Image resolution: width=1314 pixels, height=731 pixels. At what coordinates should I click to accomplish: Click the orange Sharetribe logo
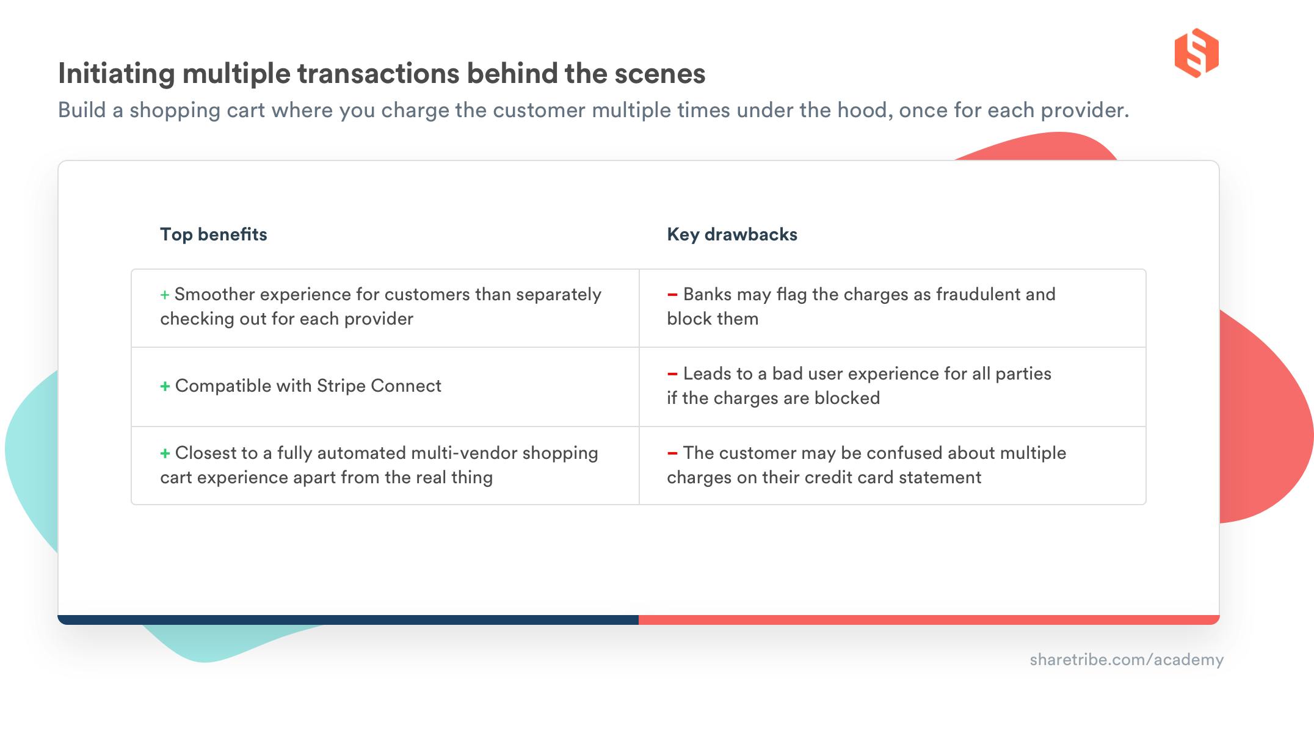click(x=1196, y=53)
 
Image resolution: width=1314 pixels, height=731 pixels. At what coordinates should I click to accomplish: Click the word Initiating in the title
click(x=116, y=74)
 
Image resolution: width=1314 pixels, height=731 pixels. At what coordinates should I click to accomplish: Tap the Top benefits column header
click(x=213, y=234)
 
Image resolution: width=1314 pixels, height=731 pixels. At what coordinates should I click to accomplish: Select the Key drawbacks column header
click(x=731, y=234)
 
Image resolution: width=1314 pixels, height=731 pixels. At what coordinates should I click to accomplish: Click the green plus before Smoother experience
click(x=165, y=295)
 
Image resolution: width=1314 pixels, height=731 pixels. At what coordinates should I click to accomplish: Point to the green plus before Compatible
click(x=165, y=386)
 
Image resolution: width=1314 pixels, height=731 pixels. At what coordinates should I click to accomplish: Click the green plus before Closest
click(x=165, y=453)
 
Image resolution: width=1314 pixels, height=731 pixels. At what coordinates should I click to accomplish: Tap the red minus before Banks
click(x=672, y=295)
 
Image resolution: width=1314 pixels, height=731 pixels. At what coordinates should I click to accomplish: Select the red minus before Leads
click(x=672, y=374)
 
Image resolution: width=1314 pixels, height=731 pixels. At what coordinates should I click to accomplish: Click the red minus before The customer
click(x=672, y=453)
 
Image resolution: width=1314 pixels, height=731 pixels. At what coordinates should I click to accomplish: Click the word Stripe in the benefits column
click(x=341, y=386)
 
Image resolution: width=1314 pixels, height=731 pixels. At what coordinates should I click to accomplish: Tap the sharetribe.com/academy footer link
click(x=1126, y=660)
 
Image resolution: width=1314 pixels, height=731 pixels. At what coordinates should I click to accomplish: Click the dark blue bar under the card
click(x=348, y=620)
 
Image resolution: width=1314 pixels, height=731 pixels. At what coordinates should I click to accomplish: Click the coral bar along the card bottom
click(x=928, y=620)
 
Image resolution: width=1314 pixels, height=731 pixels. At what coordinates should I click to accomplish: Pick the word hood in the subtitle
click(x=864, y=110)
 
